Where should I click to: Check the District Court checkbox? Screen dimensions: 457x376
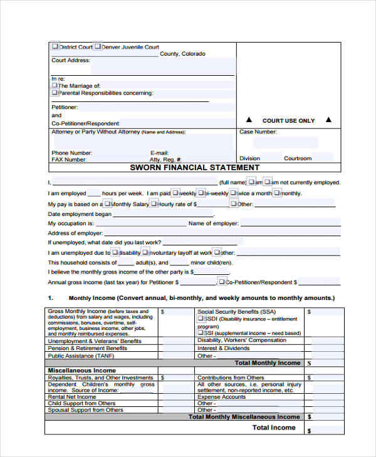(x=55, y=46)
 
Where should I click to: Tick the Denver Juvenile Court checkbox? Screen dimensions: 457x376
(x=98, y=46)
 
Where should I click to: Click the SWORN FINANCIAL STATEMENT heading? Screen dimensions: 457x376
(x=194, y=168)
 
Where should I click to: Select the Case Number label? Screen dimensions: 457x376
(x=258, y=132)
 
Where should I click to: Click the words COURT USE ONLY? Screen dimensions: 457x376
(x=288, y=120)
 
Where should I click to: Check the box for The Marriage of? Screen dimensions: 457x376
(x=55, y=85)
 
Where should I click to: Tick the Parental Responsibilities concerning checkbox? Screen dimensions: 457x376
(x=55, y=93)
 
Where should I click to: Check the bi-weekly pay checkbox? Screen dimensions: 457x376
(x=200, y=193)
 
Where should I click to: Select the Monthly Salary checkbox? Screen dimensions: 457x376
(x=107, y=203)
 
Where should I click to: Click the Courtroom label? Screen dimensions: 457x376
(x=297, y=158)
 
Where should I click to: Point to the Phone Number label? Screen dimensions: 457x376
(x=71, y=153)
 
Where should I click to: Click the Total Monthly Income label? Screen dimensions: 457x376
(x=267, y=363)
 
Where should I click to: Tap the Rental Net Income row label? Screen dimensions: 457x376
(x=72, y=397)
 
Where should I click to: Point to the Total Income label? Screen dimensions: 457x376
(x=273, y=428)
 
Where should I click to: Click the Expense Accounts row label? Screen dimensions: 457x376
(x=221, y=397)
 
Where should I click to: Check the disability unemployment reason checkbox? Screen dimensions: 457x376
(x=114, y=252)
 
